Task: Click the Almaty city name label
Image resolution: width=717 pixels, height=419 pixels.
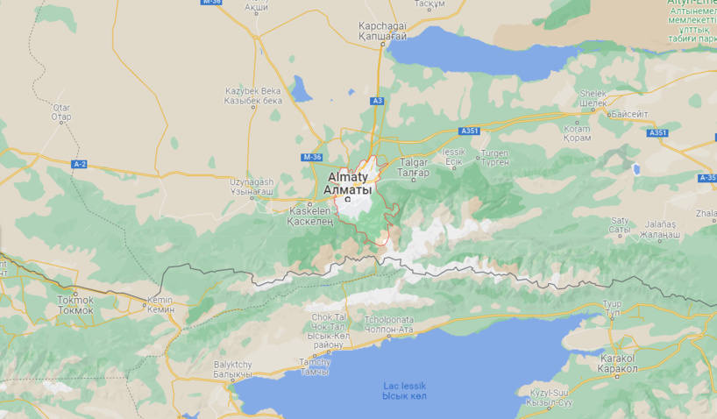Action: pyautogui.click(x=348, y=182)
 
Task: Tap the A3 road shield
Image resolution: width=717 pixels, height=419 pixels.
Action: pyautogui.click(x=377, y=101)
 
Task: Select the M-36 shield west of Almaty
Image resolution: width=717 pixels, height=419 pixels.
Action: pyautogui.click(x=312, y=157)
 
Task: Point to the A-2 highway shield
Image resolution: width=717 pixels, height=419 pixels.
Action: pyautogui.click(x=80, y=164)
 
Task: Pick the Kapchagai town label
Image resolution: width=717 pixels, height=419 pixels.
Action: pyautogui.click(x=382, y=31)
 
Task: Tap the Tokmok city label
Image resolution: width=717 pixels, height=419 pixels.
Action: pyautogui.click(x=75, y=304)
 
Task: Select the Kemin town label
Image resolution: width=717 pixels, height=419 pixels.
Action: pyautogui.click(x=160, y=305)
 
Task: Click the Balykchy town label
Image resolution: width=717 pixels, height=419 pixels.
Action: pyautogui.click(x=232, y=369)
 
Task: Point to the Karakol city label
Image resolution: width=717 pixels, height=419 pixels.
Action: pyautogui.click(x=619, y=364)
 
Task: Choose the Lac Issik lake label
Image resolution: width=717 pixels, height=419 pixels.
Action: pyautogui.click(x=404, y=390)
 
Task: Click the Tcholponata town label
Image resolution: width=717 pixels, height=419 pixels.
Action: pyautogui.click(x=388, y=324)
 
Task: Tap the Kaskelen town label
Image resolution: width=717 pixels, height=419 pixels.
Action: pyautogui.click(x=310, y=216)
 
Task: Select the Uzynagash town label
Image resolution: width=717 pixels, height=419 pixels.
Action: pyautogui.click(x=252, y=186)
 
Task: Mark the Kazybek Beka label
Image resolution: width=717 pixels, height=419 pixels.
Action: pyautogui.click(x=252, y=96)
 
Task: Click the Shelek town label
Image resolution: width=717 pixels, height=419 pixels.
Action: pyautogui.click(x=593, y=98)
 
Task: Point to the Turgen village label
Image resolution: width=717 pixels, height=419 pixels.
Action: pyautogui.click(x=493, y=158)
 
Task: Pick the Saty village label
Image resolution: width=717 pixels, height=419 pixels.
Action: pyautogui.click(x=620, y=225)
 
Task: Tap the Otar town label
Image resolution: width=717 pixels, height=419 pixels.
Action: pyautogui.click(x=61, y=111)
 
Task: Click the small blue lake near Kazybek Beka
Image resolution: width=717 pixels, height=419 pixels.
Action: pyautogui.click(x=302, y=89)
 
